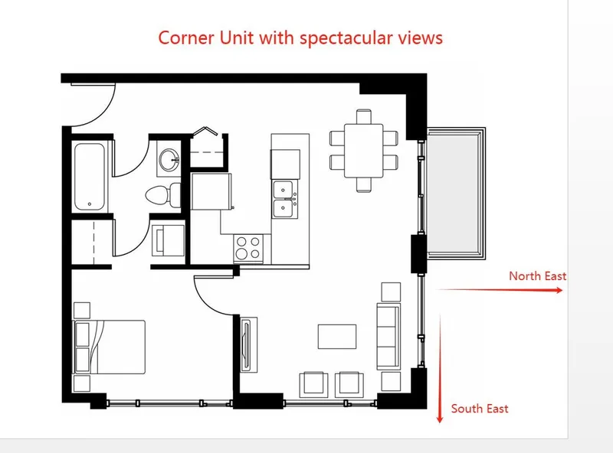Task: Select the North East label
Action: [538, 275]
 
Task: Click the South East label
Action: [480, 409]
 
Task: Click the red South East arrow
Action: [440, 367]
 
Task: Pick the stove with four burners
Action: [248, 247]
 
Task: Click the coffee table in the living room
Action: [337, 337]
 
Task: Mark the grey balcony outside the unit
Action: [455, 194]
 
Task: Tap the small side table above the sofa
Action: [391, 292]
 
